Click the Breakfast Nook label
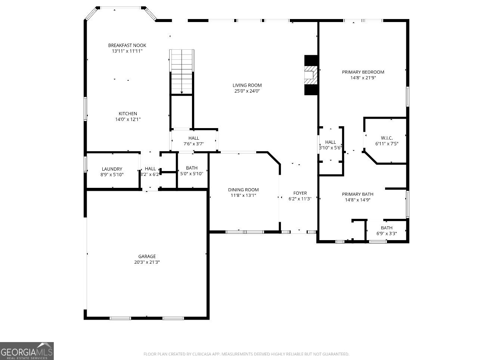click(x=127, y=45)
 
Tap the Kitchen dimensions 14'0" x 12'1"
click(x=128, y=120)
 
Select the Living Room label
click(x=247, y=85)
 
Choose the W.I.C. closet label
click(x=387, y=138)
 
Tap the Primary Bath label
click(x=357, y=194)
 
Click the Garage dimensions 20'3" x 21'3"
click(x=147, y=262)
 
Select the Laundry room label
click(x=112, y=169)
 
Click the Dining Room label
click(x=243, y=190)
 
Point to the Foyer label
click(x=300, y=193)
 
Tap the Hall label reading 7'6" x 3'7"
click(x=193, y=138)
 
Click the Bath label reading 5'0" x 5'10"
click(x=192, y=168)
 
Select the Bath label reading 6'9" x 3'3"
click(x=387, y=228)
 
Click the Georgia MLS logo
click(x=27, y=351)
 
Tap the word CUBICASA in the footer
click(x=202, y=354)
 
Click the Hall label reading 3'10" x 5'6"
click(x=330, y=142)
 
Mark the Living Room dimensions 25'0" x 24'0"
click(x=247, y=91)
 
